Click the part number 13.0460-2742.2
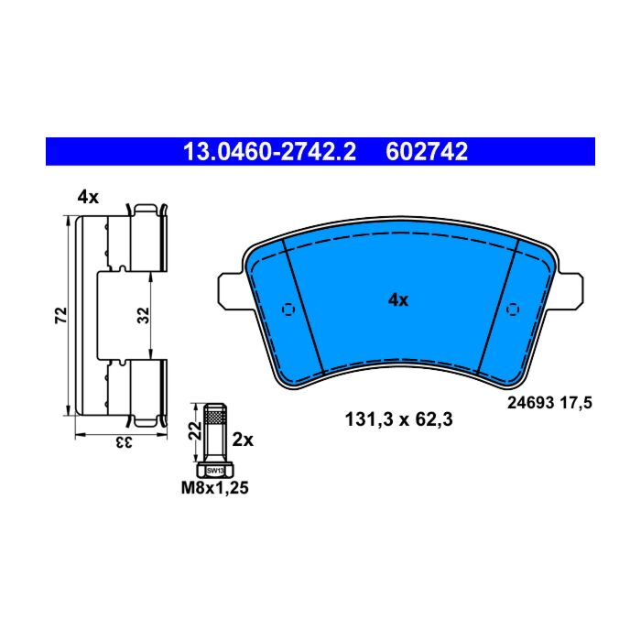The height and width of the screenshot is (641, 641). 270,152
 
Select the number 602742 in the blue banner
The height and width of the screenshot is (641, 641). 427,152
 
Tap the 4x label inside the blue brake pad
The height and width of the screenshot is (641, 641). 398,300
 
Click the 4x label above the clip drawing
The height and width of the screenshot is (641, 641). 88,198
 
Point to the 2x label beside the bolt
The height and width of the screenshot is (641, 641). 243,440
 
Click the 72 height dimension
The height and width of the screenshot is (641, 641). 61,315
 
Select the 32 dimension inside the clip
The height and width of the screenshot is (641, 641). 144,315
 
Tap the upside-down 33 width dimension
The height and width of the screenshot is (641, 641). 122,443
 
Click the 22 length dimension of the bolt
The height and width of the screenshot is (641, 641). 196,430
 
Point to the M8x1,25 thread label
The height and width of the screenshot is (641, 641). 215,488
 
